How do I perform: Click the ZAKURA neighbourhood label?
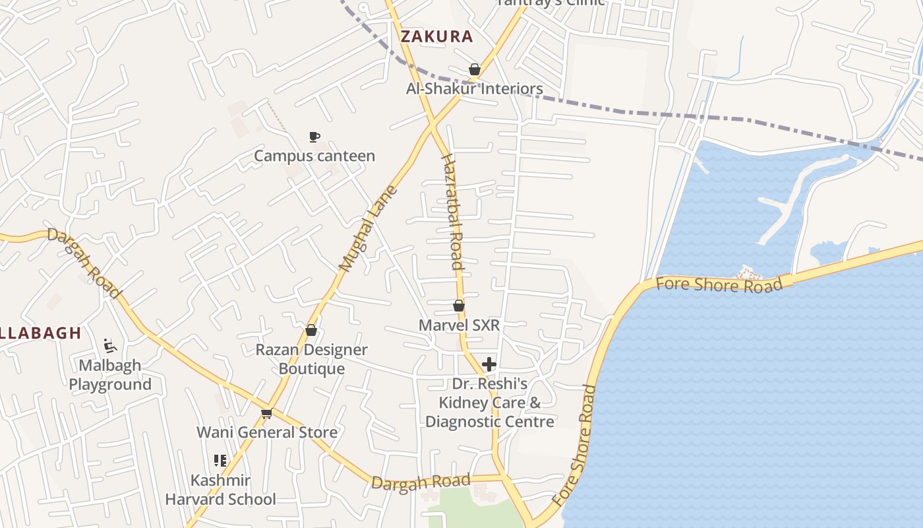coord(436,37)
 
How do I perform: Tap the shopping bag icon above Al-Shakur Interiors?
coord(474,69)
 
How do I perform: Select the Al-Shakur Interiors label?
coord(475,88)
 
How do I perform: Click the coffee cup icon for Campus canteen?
coord(314,137)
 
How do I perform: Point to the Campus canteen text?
coord(314,156)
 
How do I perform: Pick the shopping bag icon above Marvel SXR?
coord(459,306)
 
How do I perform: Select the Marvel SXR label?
coord(460,325)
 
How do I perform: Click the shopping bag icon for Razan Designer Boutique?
coord(311,330)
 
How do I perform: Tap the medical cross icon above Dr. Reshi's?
coord(489,364)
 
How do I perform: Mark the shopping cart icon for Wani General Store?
coord(266,413)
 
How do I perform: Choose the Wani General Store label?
coord(267,432)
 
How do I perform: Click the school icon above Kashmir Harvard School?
coord(220,461)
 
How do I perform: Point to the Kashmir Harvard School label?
coord(220,490)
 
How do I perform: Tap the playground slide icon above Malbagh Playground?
coord(110,346)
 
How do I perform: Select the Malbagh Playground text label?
coord(110,375)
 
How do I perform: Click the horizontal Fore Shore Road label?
coord(719,285)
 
